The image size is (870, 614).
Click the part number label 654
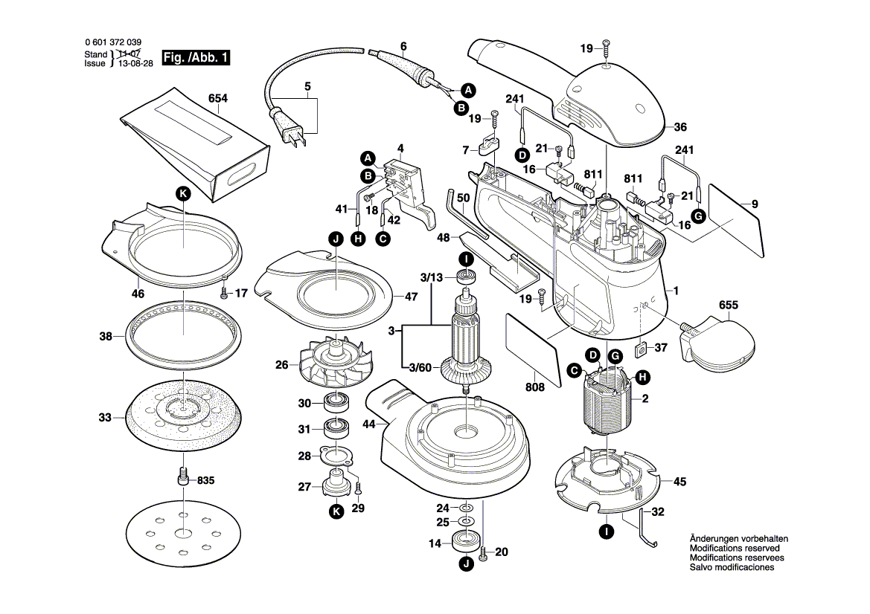click(218, 98)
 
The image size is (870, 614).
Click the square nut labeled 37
click(639, 348)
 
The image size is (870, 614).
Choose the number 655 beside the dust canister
click(729, 306)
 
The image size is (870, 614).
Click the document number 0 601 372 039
click(113, 43)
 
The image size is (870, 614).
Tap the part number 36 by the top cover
click(679, 126)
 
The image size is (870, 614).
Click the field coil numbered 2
click(607, 404)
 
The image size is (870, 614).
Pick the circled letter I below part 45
click(607, 532)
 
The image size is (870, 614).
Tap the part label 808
click(534, 387)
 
